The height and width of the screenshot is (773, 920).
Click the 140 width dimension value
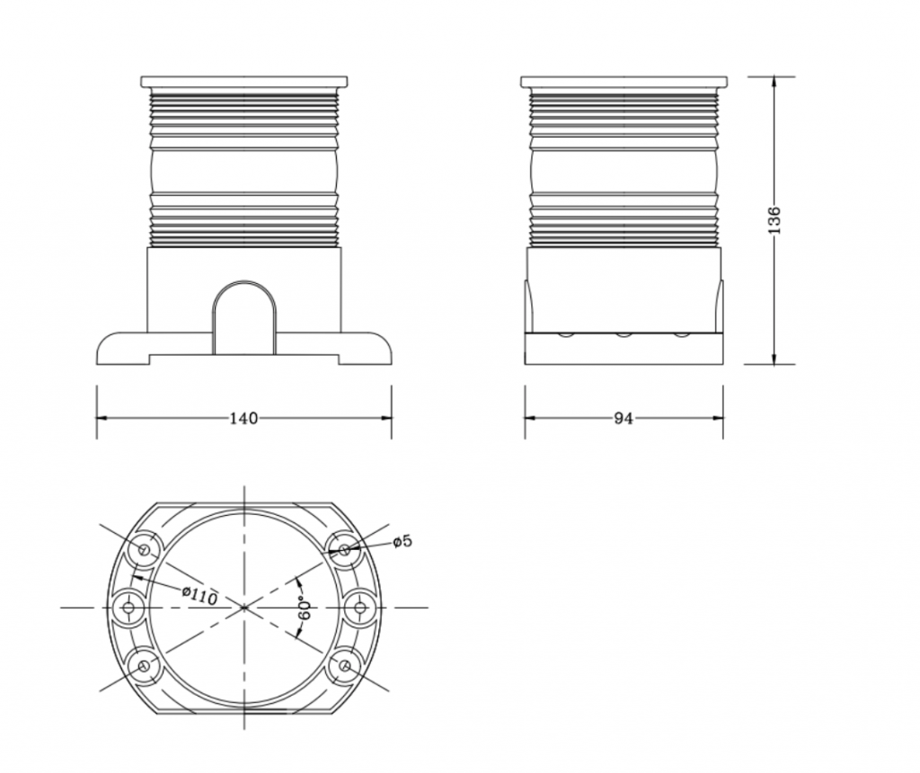click(243, 418)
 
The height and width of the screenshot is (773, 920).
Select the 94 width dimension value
click(624, 418)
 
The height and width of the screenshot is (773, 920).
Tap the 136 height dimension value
click(774, 220)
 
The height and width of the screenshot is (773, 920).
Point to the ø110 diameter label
click(200, 596)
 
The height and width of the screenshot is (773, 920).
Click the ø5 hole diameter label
click(403, 540)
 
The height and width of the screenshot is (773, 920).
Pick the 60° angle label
click(305, 609)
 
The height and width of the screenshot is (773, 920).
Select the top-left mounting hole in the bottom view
click(145, 549)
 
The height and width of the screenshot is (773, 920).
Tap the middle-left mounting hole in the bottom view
click(128, 608)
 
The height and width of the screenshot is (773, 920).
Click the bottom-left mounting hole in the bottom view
click(145, 666)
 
